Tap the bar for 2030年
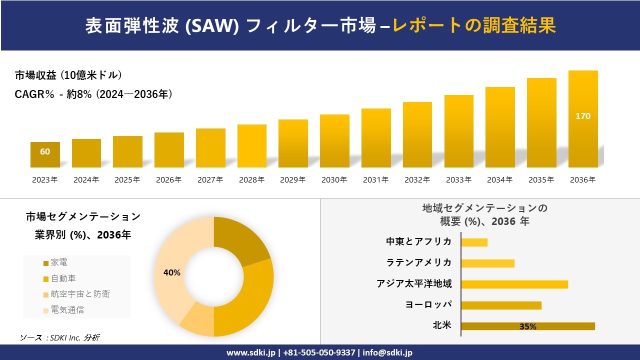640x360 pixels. pos(334,141)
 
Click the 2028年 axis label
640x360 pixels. pos(251,180)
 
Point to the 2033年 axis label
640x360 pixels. pos(458,180)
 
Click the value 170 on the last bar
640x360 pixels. pos(583,116)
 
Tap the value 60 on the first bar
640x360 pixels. pos(45,151)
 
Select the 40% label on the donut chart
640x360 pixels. pos(171,272)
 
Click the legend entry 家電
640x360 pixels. pos(58,262)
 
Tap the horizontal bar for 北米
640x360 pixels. pos(528,326)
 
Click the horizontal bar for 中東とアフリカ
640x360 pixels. pos(474,242)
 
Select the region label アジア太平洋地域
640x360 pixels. pos(414,284)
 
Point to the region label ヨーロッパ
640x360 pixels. pos(428,305)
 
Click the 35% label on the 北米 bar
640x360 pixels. pos(528,327)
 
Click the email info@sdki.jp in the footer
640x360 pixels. pos(388,352)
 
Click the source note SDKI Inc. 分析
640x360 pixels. pos(60,338)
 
